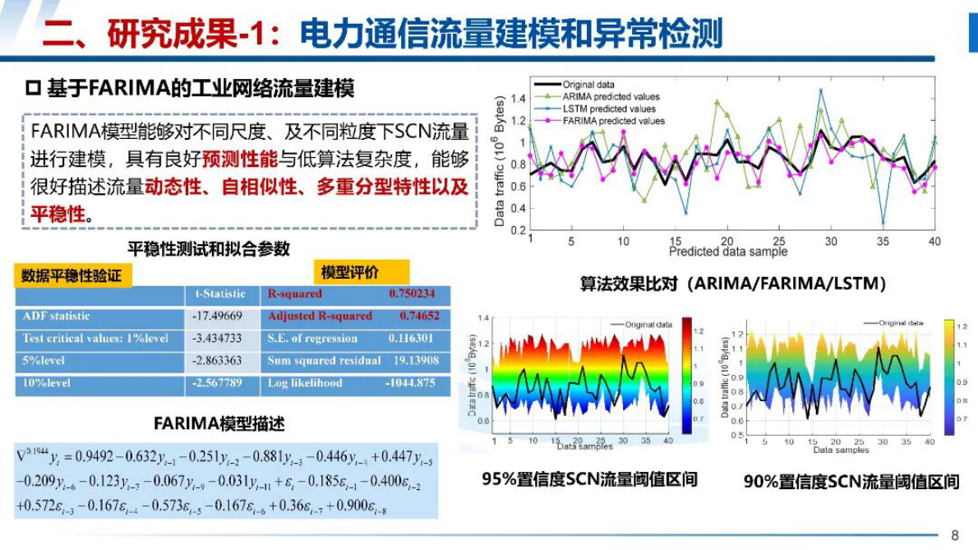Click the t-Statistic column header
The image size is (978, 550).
tap(219, 293)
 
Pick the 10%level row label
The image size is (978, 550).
tap(47, 383)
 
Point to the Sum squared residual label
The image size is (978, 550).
tap(324, 361)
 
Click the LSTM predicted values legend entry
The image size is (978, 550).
tap(609, 109)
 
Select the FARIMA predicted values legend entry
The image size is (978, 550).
tap(613, 121)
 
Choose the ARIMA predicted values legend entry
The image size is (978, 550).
tap(611, 96)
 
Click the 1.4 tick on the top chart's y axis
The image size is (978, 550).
tap(518, 99)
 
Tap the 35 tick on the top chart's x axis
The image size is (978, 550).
tap(883, 242)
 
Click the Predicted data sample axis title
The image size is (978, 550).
tap(727, 252)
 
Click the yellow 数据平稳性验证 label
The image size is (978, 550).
tap(72, 275)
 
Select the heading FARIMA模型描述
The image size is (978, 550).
tap(219, 424)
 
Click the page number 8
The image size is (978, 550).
tap(954, 535)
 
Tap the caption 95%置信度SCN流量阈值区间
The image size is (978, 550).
tap(589, 478)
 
